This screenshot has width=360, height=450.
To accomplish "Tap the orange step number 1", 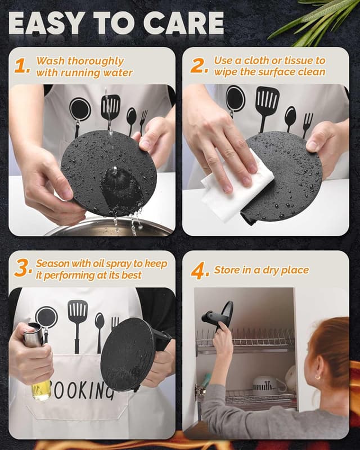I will pyautogui.click(x=22, y=66).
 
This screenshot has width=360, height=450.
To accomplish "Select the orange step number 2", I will pyautogui.click(x=199, y=66).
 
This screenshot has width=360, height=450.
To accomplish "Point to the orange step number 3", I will pyautogui.click(x=22, y=269).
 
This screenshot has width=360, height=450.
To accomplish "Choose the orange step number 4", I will pyautogui.click(x=200, y=271).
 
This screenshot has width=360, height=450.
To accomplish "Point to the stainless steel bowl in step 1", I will pyautogui.click(x=107, y=227).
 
